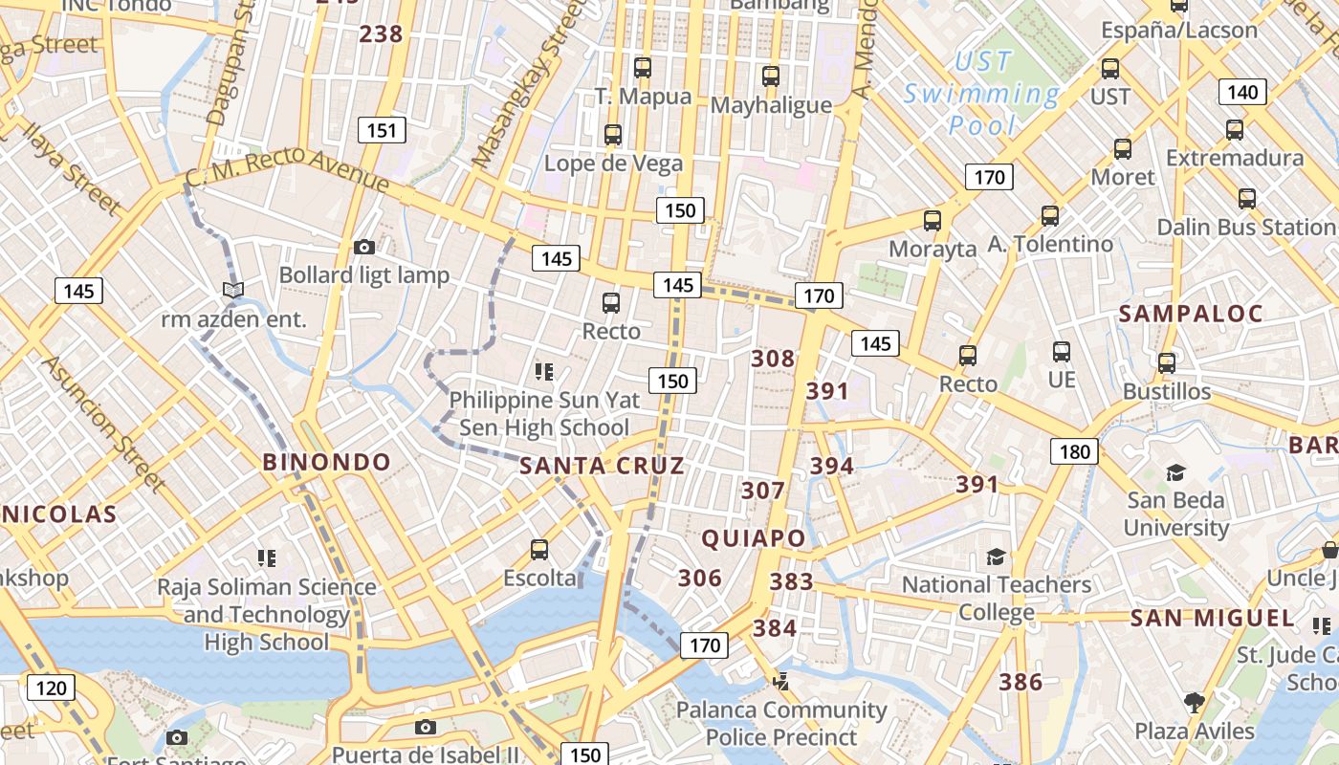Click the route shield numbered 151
pyautogui.click(x=382, y=130)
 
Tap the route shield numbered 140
pyautogui.click(x=1242, y=92)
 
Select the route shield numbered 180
pyautogui.click(x=1074, y=450)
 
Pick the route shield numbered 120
pyautogui.click(x=51, y=687)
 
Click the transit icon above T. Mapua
pyautogui.click(x=643, y=68)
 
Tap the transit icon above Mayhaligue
pyautogui.click(x=771, y=76)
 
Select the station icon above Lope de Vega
pyautogui.click(x=613, y=135)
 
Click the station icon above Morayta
pyautogui.click(x=933, y=221)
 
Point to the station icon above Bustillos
pyautogui.click(x=1166, y=363)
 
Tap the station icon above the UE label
pyautogui.click(x=1061, y=352)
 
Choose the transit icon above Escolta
pyautogui.click(x=539, y=550)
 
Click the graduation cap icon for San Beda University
pyautogui.click(x=1175, y=472)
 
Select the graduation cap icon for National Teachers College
pyautogui.click(x=997, y=557)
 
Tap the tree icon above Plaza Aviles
pyautogui.click(x=1194, y=703)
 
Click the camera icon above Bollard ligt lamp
pyautogui.click(x=363, y=248)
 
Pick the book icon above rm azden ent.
pyautogui.click(x=233, y=290)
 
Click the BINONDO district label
pyautogui.click(x=327, y=462)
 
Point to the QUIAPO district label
pyautogui.click(x=754, y=538)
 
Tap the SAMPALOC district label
pyautogui.click(x=1191, y=314)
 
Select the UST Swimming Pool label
pyautogui.click(x=982, y=93)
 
